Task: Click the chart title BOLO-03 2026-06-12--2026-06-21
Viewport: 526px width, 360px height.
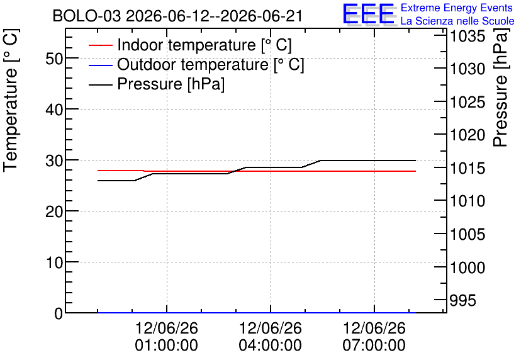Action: click(x=177, y=16)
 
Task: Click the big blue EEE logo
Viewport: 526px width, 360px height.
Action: click(x=368, y=14)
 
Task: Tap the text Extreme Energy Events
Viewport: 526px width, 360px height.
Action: click(x=457, y=8)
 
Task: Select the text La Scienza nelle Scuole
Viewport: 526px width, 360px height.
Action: click(x=457, y=21)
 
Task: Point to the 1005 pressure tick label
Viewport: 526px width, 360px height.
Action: click(x=467, y=235)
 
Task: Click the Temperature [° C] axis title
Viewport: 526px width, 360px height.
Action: click(x=11, y=101)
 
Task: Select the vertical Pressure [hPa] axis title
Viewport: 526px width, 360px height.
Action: click(x=500, y=87)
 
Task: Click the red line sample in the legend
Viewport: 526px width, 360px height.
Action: click(x=100, y=45)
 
